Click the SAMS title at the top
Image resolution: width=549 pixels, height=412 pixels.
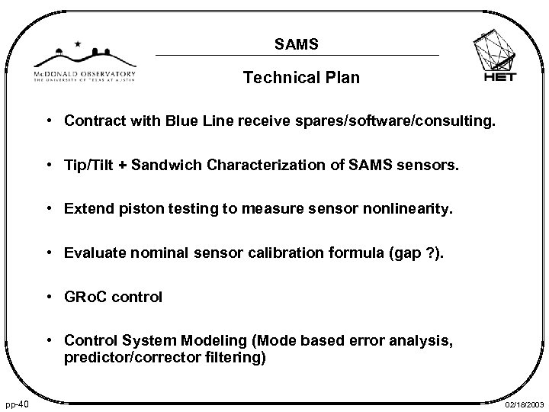pos(297,45)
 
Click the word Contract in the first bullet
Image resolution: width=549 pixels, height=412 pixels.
pos(91,121)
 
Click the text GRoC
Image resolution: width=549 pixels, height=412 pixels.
pos(87,298)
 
